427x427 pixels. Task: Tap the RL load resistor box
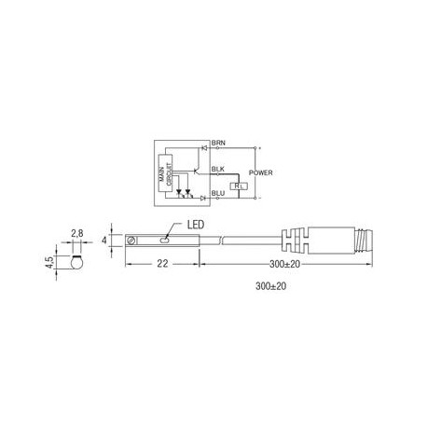(x=240, y=186)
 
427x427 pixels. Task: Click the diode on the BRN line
(x=204, y=146)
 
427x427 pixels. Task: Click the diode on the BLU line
(x=202, y=197)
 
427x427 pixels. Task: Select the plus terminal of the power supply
(x=258, y=147)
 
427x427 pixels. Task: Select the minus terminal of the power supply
(x=258, y=198)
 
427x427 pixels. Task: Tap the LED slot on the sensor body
(x=163, y=241)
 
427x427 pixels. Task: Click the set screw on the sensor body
(x=136, y=241)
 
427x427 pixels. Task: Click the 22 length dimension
(x=163, y=265)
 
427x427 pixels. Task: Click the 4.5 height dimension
(x=62, y=263)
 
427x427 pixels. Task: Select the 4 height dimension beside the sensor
(x=104, y=241)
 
